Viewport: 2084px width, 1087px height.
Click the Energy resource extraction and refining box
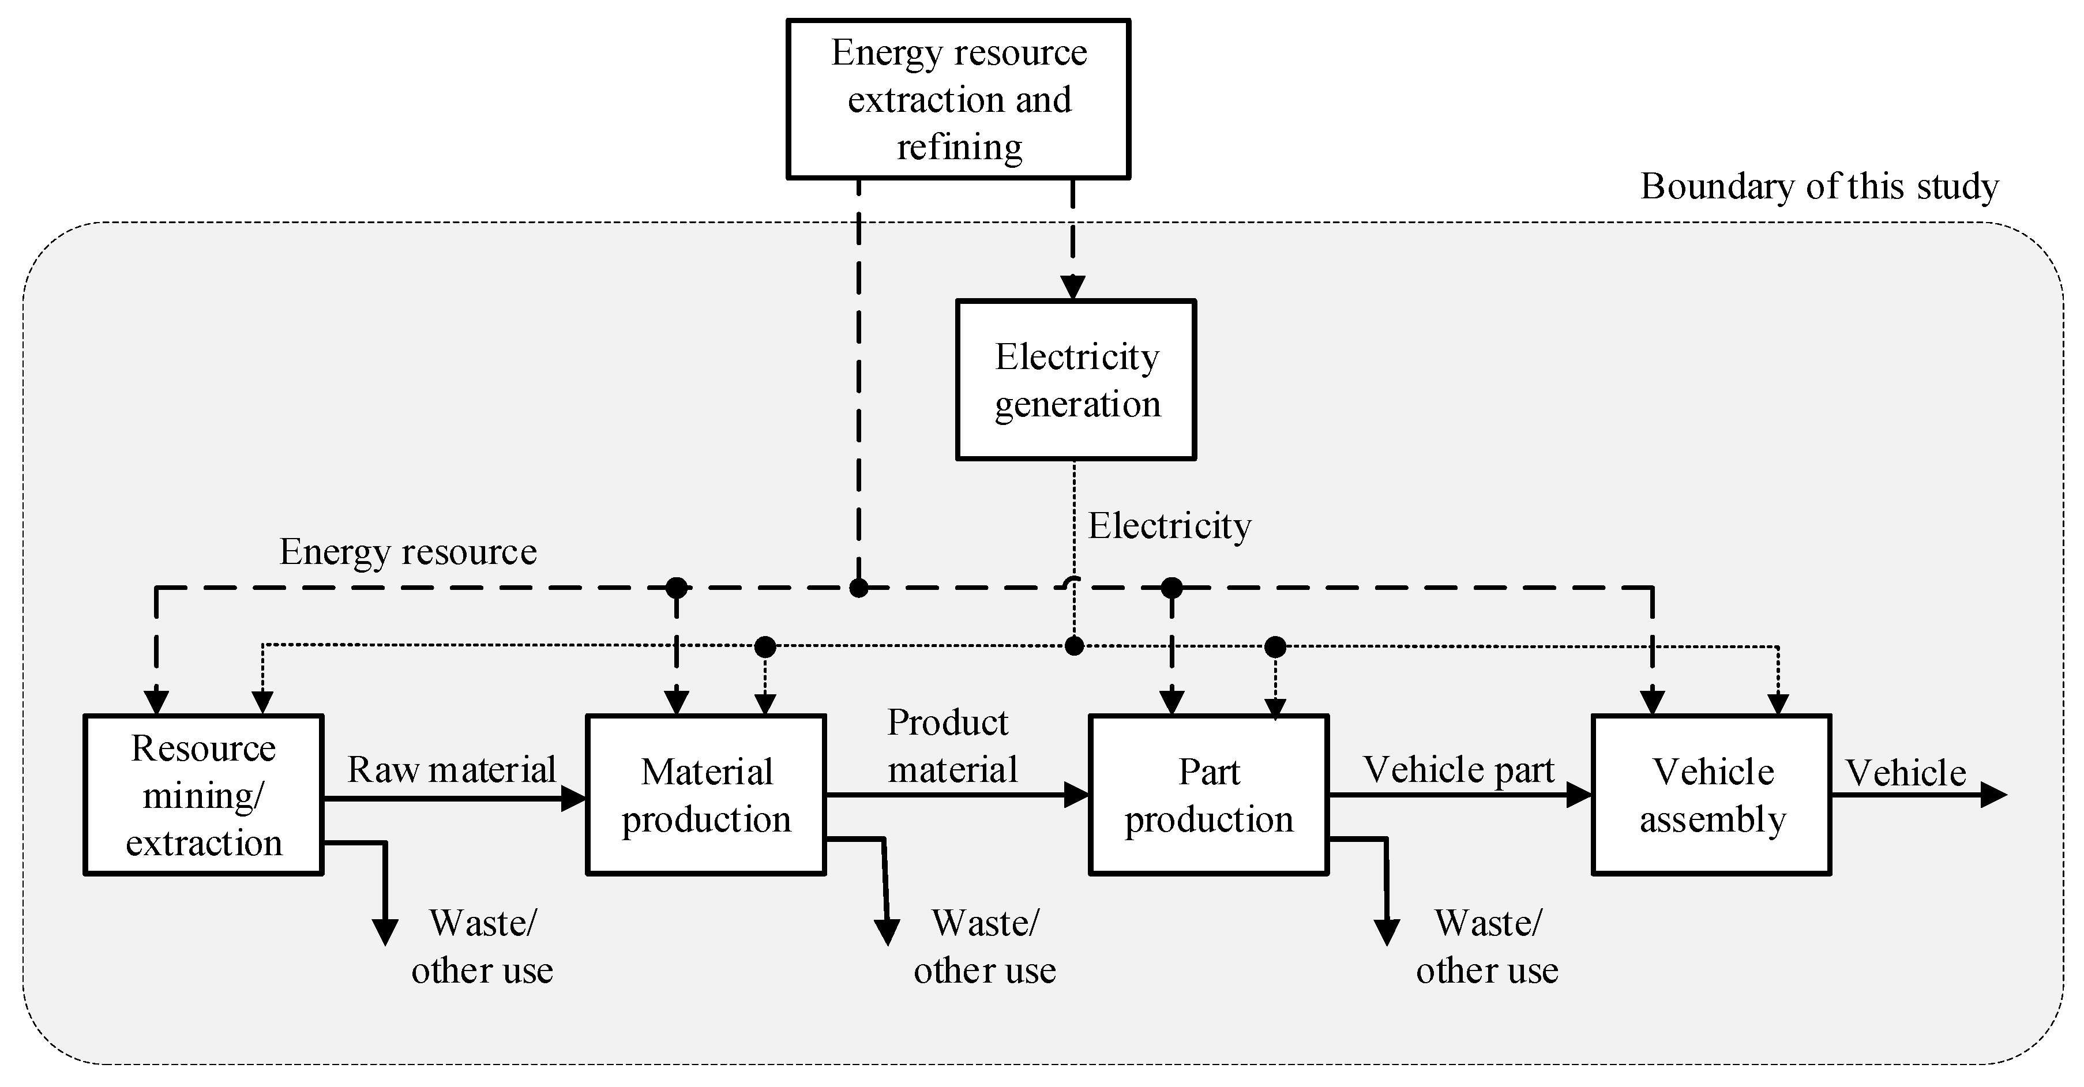(958, 99)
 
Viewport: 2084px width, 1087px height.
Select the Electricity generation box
(1075, 379)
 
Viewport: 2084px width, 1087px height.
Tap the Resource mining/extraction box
(204, 794)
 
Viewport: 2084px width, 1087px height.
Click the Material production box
(705, 794)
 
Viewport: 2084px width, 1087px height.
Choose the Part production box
(1208, 794)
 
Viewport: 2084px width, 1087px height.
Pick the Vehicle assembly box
(1712, 794)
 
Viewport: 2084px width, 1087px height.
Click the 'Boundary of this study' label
(1819, 187)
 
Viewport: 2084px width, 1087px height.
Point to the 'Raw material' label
(452, 769)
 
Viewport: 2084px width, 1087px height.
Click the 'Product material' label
(951, 746)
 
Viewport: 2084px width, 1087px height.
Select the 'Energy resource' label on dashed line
(408, 552)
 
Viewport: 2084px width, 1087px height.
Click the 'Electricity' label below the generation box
(1169, 526)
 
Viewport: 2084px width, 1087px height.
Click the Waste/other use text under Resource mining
(482, 946)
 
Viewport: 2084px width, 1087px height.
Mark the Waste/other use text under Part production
(1487, 946)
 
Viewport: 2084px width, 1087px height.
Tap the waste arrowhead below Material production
(888, 932)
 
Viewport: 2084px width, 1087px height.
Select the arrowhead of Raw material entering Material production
(573, 799)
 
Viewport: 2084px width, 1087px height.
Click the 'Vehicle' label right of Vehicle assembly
(1906, 772)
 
